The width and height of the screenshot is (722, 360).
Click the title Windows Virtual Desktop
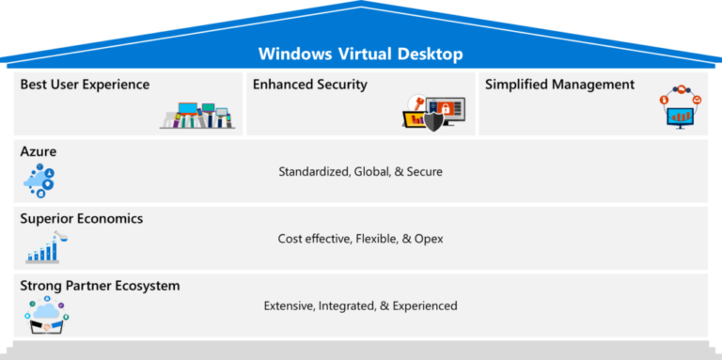coord(360,54)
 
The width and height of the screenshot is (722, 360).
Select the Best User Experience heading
coord(85,85)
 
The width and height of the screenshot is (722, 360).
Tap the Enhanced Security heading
coord(309,85)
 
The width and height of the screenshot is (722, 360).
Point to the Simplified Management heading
coord(559,85)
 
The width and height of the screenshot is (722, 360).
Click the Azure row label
coord(39,150)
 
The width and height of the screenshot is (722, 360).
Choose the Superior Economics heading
coord(81,218)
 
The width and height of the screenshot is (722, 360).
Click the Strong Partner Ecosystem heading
coord(100,285)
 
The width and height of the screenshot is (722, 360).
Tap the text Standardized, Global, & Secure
coord(360,172)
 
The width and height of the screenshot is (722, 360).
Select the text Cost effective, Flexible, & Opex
coord(360,239)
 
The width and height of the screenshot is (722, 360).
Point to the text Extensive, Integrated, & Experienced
coord(360,305)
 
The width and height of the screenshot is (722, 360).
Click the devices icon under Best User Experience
coord(197,117)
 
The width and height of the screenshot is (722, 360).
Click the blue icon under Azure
coord(40,180)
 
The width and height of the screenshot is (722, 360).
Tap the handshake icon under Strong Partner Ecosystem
coord(45,320)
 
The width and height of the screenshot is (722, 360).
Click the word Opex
coord(429,239)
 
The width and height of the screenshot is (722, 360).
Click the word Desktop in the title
coord(429,54)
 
